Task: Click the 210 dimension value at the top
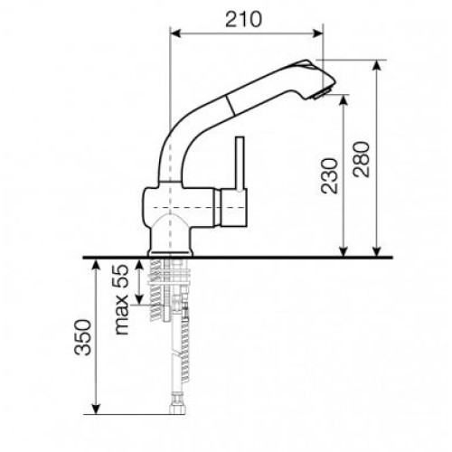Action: pos(244,19)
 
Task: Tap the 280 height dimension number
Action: pos(362,159)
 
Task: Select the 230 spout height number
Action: pos(329,175)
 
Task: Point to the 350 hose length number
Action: pos(82,337)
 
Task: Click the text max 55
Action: pos(122,299)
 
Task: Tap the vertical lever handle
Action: pos(240,164)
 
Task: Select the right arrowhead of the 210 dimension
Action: pos(318,33)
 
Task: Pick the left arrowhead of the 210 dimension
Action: pos(175,33)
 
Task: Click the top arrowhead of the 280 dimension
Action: pos(377,65)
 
